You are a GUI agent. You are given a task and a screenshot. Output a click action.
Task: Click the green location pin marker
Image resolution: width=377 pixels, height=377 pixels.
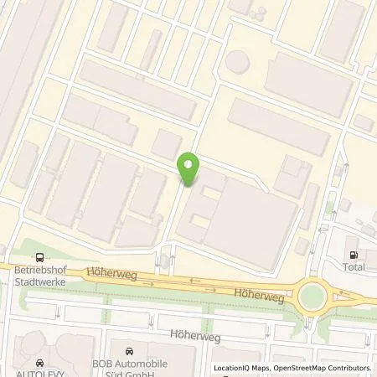(x=188, y=169)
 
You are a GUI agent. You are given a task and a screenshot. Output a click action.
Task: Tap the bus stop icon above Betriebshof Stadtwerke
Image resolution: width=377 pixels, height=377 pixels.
(x=38, y=258)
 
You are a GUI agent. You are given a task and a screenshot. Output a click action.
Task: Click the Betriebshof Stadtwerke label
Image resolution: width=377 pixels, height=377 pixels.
(x=38, y=276)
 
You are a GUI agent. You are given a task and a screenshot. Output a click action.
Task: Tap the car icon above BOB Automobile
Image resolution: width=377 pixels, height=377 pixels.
(x=128, y=353)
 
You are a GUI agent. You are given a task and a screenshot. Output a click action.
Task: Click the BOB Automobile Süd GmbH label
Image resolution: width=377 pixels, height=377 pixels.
(x=128, y=368)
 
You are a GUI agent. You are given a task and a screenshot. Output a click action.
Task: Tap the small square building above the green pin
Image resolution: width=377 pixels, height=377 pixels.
(x=169, y=142)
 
